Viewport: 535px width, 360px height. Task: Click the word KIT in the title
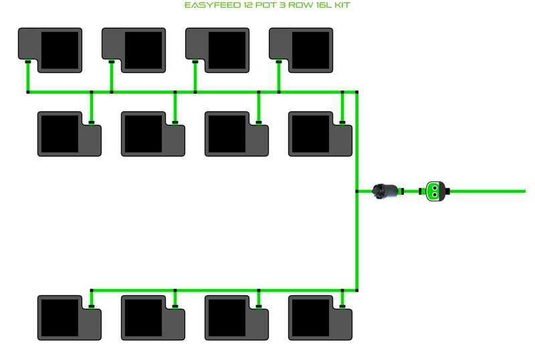[x=340, y=5]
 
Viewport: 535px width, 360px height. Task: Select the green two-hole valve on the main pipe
[x=436, y=191]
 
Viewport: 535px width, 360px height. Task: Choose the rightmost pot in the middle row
[x=320, y=134]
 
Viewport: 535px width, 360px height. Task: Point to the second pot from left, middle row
[x=152, y=134]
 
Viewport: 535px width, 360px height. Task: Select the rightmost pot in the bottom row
[x=320, y=317]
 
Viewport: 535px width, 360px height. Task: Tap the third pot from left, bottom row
[x=236, y=317]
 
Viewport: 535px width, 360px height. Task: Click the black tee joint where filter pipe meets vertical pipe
[x=358, y=191]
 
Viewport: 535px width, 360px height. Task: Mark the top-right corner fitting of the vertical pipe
[x=358, y=92]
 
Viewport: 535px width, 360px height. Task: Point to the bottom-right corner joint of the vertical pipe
[x=358, y=290]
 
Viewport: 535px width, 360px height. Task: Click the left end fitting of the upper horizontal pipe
[x=27, y=92]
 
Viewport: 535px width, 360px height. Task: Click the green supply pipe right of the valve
[x=488, y=191]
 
